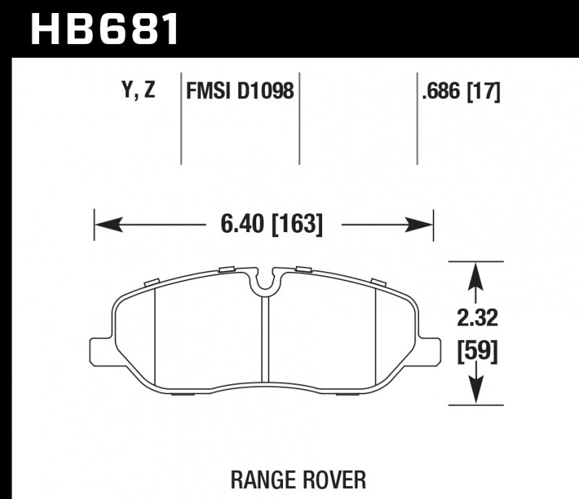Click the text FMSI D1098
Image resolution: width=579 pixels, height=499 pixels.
tap(240, 91)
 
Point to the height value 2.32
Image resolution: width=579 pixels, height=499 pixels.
tap(476, 318)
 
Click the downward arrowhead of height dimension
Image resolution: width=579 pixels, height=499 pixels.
tap(476, 393)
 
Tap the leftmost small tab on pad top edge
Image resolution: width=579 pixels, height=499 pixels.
tap(151, 281)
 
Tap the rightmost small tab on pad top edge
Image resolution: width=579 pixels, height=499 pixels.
tap(378, 281)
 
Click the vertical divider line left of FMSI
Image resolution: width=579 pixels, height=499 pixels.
tap(180, 119)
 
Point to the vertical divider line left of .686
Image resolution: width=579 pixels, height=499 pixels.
tap(418, 119)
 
